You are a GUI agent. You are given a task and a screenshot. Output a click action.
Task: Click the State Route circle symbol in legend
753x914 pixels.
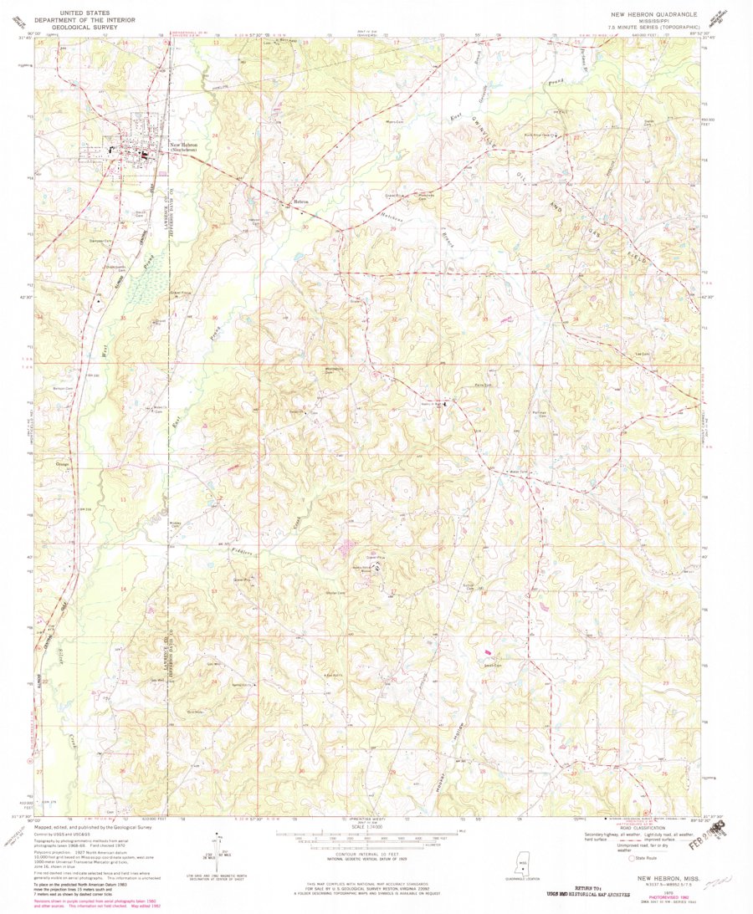coord(632,857)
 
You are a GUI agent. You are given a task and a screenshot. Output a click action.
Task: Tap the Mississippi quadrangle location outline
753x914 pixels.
coord(523,866)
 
